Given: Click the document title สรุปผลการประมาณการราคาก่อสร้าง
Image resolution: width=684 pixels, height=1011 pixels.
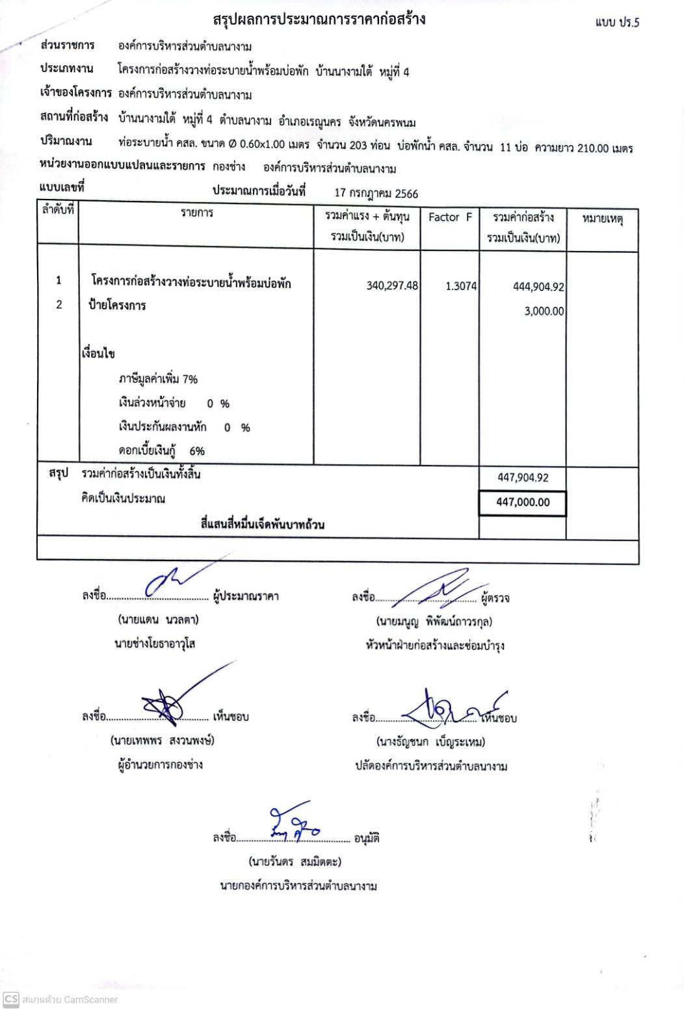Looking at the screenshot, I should (319, 20).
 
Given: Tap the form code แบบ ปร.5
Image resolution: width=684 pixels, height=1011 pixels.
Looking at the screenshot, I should (617, 22).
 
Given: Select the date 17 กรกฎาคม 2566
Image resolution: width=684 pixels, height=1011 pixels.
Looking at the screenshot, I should (376, 193).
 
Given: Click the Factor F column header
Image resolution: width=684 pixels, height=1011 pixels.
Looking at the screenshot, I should (450, 217).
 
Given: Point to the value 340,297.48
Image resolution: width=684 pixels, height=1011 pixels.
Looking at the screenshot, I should (392, 285).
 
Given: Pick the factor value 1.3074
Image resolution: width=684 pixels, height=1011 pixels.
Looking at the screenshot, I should (461, 285).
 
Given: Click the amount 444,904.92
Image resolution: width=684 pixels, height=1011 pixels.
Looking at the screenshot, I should (538, 287).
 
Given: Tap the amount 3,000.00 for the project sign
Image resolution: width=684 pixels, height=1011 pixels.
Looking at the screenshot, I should (544, 311).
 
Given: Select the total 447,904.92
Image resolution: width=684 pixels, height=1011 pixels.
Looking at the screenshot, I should (523, 477).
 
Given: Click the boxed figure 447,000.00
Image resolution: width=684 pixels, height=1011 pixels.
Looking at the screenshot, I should (523, 502).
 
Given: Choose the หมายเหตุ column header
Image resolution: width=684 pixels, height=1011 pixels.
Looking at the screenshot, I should (602, 219).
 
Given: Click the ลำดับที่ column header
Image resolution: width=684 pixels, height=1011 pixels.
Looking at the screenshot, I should (58, 211).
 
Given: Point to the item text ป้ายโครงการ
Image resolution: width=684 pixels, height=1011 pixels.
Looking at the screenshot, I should (118, 305).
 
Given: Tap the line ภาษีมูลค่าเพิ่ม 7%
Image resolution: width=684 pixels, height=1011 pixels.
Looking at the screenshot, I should (158, 379).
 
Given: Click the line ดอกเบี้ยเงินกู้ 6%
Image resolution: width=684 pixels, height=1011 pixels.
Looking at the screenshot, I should (161, 451).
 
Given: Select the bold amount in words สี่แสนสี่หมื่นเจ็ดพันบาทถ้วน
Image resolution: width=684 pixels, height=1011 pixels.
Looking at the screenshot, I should (263, 524).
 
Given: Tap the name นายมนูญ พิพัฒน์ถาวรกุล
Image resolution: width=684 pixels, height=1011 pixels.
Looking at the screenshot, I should (434, 622).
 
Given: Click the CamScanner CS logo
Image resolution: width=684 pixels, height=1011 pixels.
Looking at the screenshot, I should (10, 999).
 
